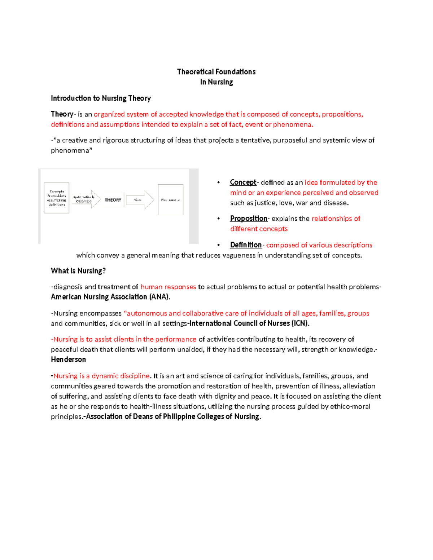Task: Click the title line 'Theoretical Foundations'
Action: coord(216,72)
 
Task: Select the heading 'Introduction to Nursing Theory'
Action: coord(101,98)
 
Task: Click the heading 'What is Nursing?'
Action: coord(78,271)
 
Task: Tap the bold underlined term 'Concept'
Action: coord(243,182)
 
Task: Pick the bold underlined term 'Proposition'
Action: coord(248,219)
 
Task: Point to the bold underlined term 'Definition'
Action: coord(246,245)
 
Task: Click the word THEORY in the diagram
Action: coord(113,200)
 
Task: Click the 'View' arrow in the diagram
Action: coord(139,200)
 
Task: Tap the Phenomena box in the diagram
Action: coord(170,200)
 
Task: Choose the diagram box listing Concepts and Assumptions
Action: coord(57,198)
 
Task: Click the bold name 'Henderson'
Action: coord(68,360)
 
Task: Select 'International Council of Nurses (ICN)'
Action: coord(249,323)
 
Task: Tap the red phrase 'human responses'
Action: coord(168,287)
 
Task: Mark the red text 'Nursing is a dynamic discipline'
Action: coord(101,376)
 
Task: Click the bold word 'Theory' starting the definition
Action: coord(62,114)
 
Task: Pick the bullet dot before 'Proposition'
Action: coord(218,219)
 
